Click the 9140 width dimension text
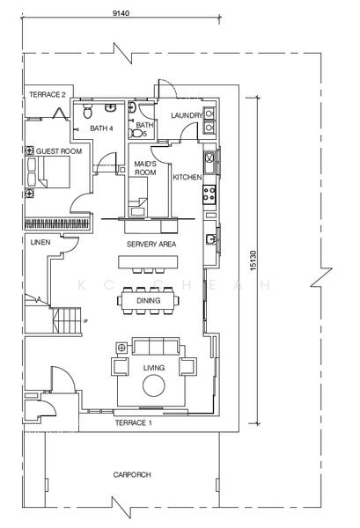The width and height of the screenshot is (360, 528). tap(121, 13)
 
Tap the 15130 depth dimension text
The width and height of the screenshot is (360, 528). tap(253, 260)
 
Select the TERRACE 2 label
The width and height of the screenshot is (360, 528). tap(48, 95)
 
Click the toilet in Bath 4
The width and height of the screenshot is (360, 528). tap(87, 111)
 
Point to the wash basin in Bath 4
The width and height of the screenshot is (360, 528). tap(110, 107)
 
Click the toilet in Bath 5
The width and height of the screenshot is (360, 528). tap(136, 134)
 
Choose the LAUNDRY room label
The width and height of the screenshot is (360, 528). tap(187, 115)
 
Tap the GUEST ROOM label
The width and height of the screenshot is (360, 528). tap(59, 151)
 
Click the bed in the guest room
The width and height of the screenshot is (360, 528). tap(48, 172)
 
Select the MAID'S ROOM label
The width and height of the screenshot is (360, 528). tap(145, 168)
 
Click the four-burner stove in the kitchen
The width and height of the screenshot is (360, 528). tap(209, 194)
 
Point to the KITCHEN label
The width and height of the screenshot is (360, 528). tap(187, 177)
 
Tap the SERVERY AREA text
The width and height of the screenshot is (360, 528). tap(151, 244)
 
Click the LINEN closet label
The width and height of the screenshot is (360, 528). tap(40, 242)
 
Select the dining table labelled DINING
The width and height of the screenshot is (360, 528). tap(148, 300)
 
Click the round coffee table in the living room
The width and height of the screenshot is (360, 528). tap(153, 386)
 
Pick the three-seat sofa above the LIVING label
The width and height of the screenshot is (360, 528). tap(156, 346)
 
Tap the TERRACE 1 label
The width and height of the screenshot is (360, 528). tap(134, 422)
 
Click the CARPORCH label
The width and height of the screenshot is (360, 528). tap(132, 475)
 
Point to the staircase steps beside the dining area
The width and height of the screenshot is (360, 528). tap(67, 320)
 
